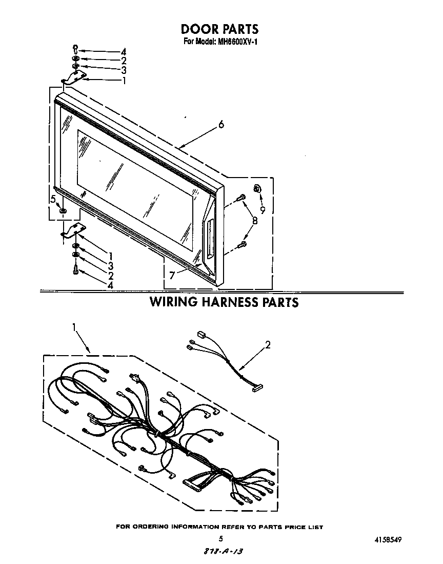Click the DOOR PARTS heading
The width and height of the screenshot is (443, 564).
[x=219, y=29]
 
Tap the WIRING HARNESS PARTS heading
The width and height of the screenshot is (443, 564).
[x=224, y=302]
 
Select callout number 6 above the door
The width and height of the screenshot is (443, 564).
[x=221, y=124]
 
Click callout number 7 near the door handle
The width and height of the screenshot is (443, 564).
[x=172, y=276]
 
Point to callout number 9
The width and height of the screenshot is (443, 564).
[x=263, y=210]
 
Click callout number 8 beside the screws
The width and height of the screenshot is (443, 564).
[x=255, y=220]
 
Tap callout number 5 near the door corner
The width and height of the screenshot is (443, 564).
[x=53, y=199]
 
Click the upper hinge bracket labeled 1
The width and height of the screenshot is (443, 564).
[x=75, y=78]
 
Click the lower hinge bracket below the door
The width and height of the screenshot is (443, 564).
[x=74, y=230]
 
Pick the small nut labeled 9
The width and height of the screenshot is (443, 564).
[x=257, y=188]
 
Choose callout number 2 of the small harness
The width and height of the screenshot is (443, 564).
[x=267, y=344]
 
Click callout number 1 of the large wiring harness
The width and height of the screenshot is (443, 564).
[x=74, y=327]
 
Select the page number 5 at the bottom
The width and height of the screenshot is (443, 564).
[x=220, y=538]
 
